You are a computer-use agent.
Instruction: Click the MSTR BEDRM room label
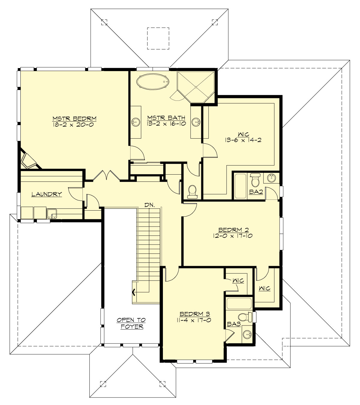(x=74, y=118)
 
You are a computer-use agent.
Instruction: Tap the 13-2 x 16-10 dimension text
(x=166, y=123)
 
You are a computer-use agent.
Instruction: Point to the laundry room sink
(x=52, y=214)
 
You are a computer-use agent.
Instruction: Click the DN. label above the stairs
(x=149, y=205)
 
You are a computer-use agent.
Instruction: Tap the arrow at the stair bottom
(x=134, y=292)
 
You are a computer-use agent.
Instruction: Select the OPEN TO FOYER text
(x=131, y=323)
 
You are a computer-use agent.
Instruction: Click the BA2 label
(x=256, y=192)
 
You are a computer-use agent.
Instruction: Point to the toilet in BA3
(x=246, y=316)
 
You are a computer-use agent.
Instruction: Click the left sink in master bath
(x=136, y=121)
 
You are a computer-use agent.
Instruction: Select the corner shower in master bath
(x=196, y=86)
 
